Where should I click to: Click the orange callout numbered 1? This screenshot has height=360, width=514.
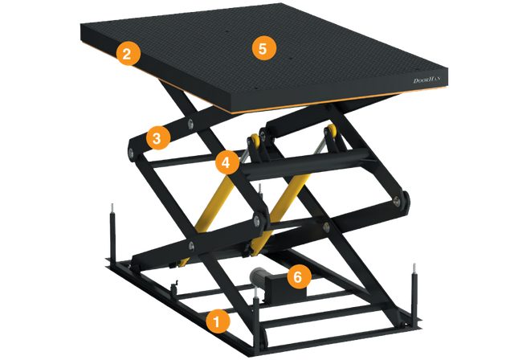click(x=218, y=321)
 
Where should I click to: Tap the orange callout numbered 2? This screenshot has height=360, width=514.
click(x=128, y=54)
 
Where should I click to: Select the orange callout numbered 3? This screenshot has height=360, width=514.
click(x=158, y=137)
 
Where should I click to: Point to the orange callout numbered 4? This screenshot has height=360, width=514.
click(x=227, y=162)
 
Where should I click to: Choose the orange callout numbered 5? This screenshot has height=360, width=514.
click(x=264, y=48)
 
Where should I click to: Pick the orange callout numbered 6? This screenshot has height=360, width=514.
click(x=299, y=276)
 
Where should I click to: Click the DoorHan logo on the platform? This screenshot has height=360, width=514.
click(x=426, y=80)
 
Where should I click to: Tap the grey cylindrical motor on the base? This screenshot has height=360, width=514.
click(x=259, y=276)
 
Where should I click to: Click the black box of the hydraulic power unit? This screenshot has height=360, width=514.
click(x=284, y=286)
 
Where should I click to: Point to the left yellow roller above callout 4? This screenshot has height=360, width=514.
click(x=255, y=141)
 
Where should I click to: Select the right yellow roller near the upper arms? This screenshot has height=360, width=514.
click(x=330, y=131)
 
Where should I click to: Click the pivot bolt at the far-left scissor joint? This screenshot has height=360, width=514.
click(x=131, y=153)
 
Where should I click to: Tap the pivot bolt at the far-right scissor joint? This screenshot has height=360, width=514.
click(x=398, y=202)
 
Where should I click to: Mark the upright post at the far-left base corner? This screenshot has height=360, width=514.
click(x=112, y=234)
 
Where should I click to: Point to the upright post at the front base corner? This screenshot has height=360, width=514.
click(x=256, y=320)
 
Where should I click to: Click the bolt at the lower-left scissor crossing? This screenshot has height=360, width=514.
click(x=191, y=246)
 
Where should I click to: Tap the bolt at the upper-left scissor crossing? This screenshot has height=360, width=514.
click(x=190, y=123)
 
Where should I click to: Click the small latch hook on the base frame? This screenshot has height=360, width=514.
click(x=175, y=286)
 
